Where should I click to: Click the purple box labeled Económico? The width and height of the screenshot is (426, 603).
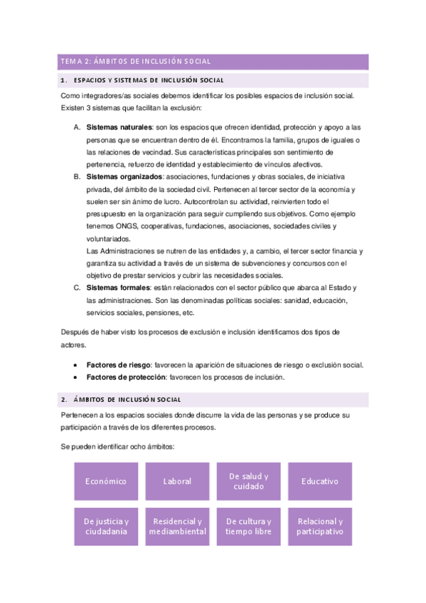click(x=106, y=481)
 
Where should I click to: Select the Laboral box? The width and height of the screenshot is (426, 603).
click(x=177, y=481)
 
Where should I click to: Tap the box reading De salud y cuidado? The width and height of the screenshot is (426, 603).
click(x=248, y=481)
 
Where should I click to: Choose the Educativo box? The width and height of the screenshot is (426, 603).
click(x=319, y=481)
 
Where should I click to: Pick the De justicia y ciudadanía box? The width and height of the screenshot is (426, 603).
click(x=106, y=526)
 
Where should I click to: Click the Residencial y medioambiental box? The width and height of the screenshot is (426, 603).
click(x=177, y=526)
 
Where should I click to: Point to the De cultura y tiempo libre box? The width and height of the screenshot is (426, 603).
click(x=248, y=526)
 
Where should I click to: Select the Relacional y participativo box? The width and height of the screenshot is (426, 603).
click(x=319, y=526)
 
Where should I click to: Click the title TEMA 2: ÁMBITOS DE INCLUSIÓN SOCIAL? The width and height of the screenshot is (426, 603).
click(x=135, y=62)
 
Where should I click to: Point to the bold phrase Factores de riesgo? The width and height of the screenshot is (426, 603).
click(x=119, y=365)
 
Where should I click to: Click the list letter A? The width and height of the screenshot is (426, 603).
click(x=77, y=127)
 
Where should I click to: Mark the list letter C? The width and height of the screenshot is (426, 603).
click(x=77, y=288)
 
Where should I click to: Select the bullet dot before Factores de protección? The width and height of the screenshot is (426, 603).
click(x=76, y=378)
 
